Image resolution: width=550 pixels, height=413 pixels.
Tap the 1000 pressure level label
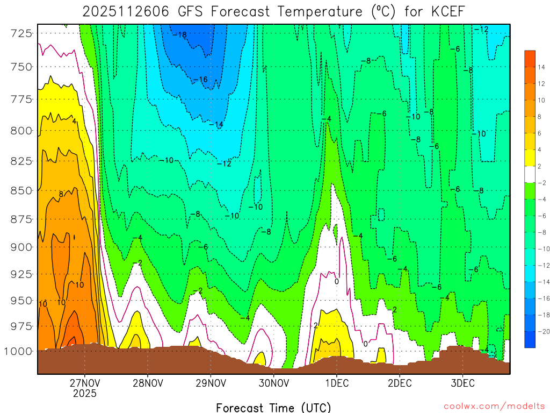coord(18,351)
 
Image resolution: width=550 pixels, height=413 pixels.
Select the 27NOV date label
coord(84,383)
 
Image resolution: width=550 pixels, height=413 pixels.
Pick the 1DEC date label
coord(336,383)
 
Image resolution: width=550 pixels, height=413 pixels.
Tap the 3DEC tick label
coord(462,383)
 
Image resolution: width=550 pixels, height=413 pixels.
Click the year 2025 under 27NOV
coord(84,394)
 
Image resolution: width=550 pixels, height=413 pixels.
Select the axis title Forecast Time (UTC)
coord(273,407)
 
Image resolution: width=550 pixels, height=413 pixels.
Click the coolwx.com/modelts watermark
coord(494,405)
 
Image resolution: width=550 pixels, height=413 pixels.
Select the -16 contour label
coord(200,80)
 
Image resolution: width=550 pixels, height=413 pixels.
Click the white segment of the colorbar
coord(530,175)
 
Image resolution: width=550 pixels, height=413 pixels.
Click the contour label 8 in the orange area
coord(61,194)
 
